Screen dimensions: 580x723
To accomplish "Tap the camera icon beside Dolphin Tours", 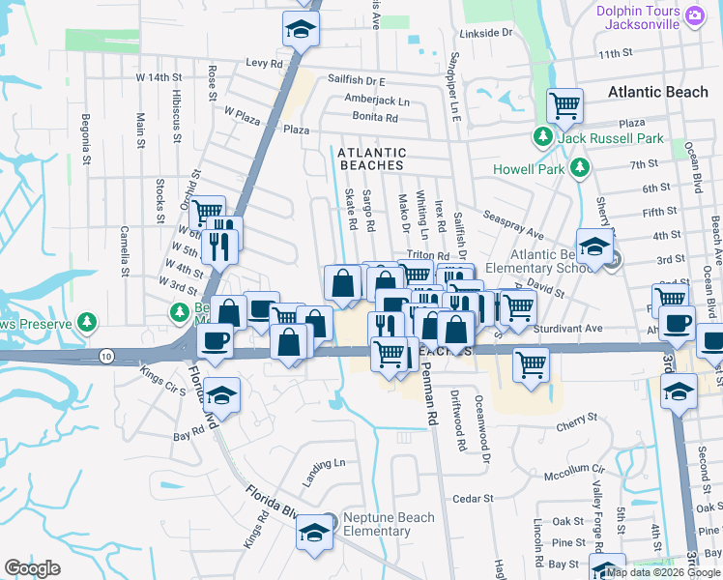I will [694, 14].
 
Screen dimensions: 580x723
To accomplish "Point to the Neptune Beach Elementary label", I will [376, 524].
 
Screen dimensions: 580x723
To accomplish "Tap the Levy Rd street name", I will [263, 61].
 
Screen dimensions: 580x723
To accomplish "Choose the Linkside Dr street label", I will [485, 33].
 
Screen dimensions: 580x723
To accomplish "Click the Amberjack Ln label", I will [377, 101].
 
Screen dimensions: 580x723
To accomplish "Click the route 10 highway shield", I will [105, 356].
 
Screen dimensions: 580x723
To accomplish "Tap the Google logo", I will [33, 568].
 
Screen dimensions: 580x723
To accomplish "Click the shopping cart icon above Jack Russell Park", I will [564, 103].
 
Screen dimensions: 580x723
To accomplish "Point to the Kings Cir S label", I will [162, 379].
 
